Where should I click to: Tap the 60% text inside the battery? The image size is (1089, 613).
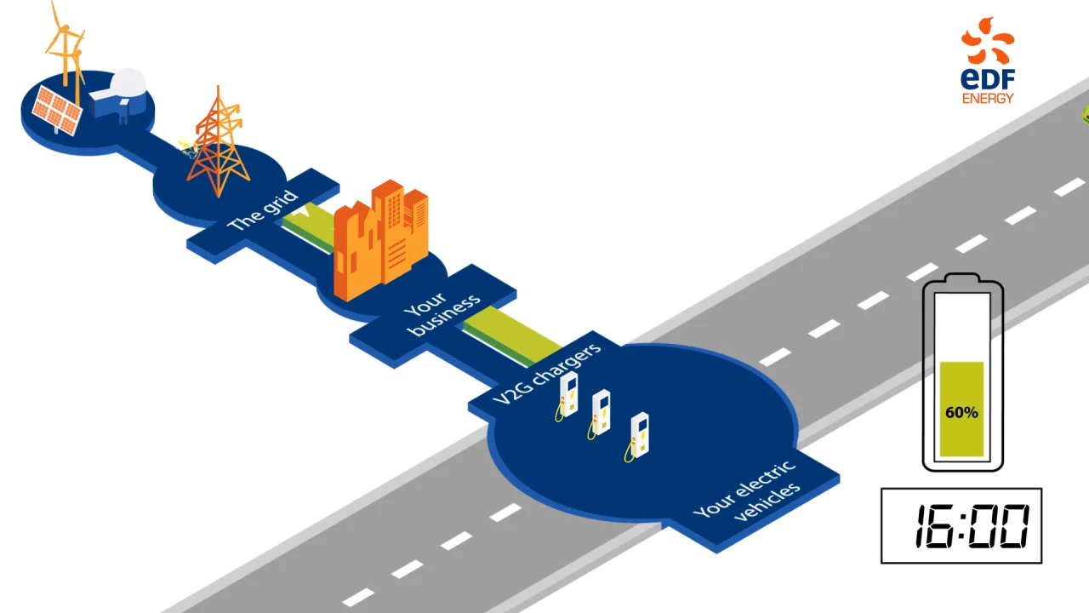(961, 412)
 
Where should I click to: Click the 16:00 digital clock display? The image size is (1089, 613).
(961, 525)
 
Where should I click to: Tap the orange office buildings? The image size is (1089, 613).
(380, 238)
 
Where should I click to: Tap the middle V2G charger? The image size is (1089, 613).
(601, 413)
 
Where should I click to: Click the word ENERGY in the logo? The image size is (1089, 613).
(988, 99)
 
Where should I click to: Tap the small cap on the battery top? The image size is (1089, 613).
(962, 278)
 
